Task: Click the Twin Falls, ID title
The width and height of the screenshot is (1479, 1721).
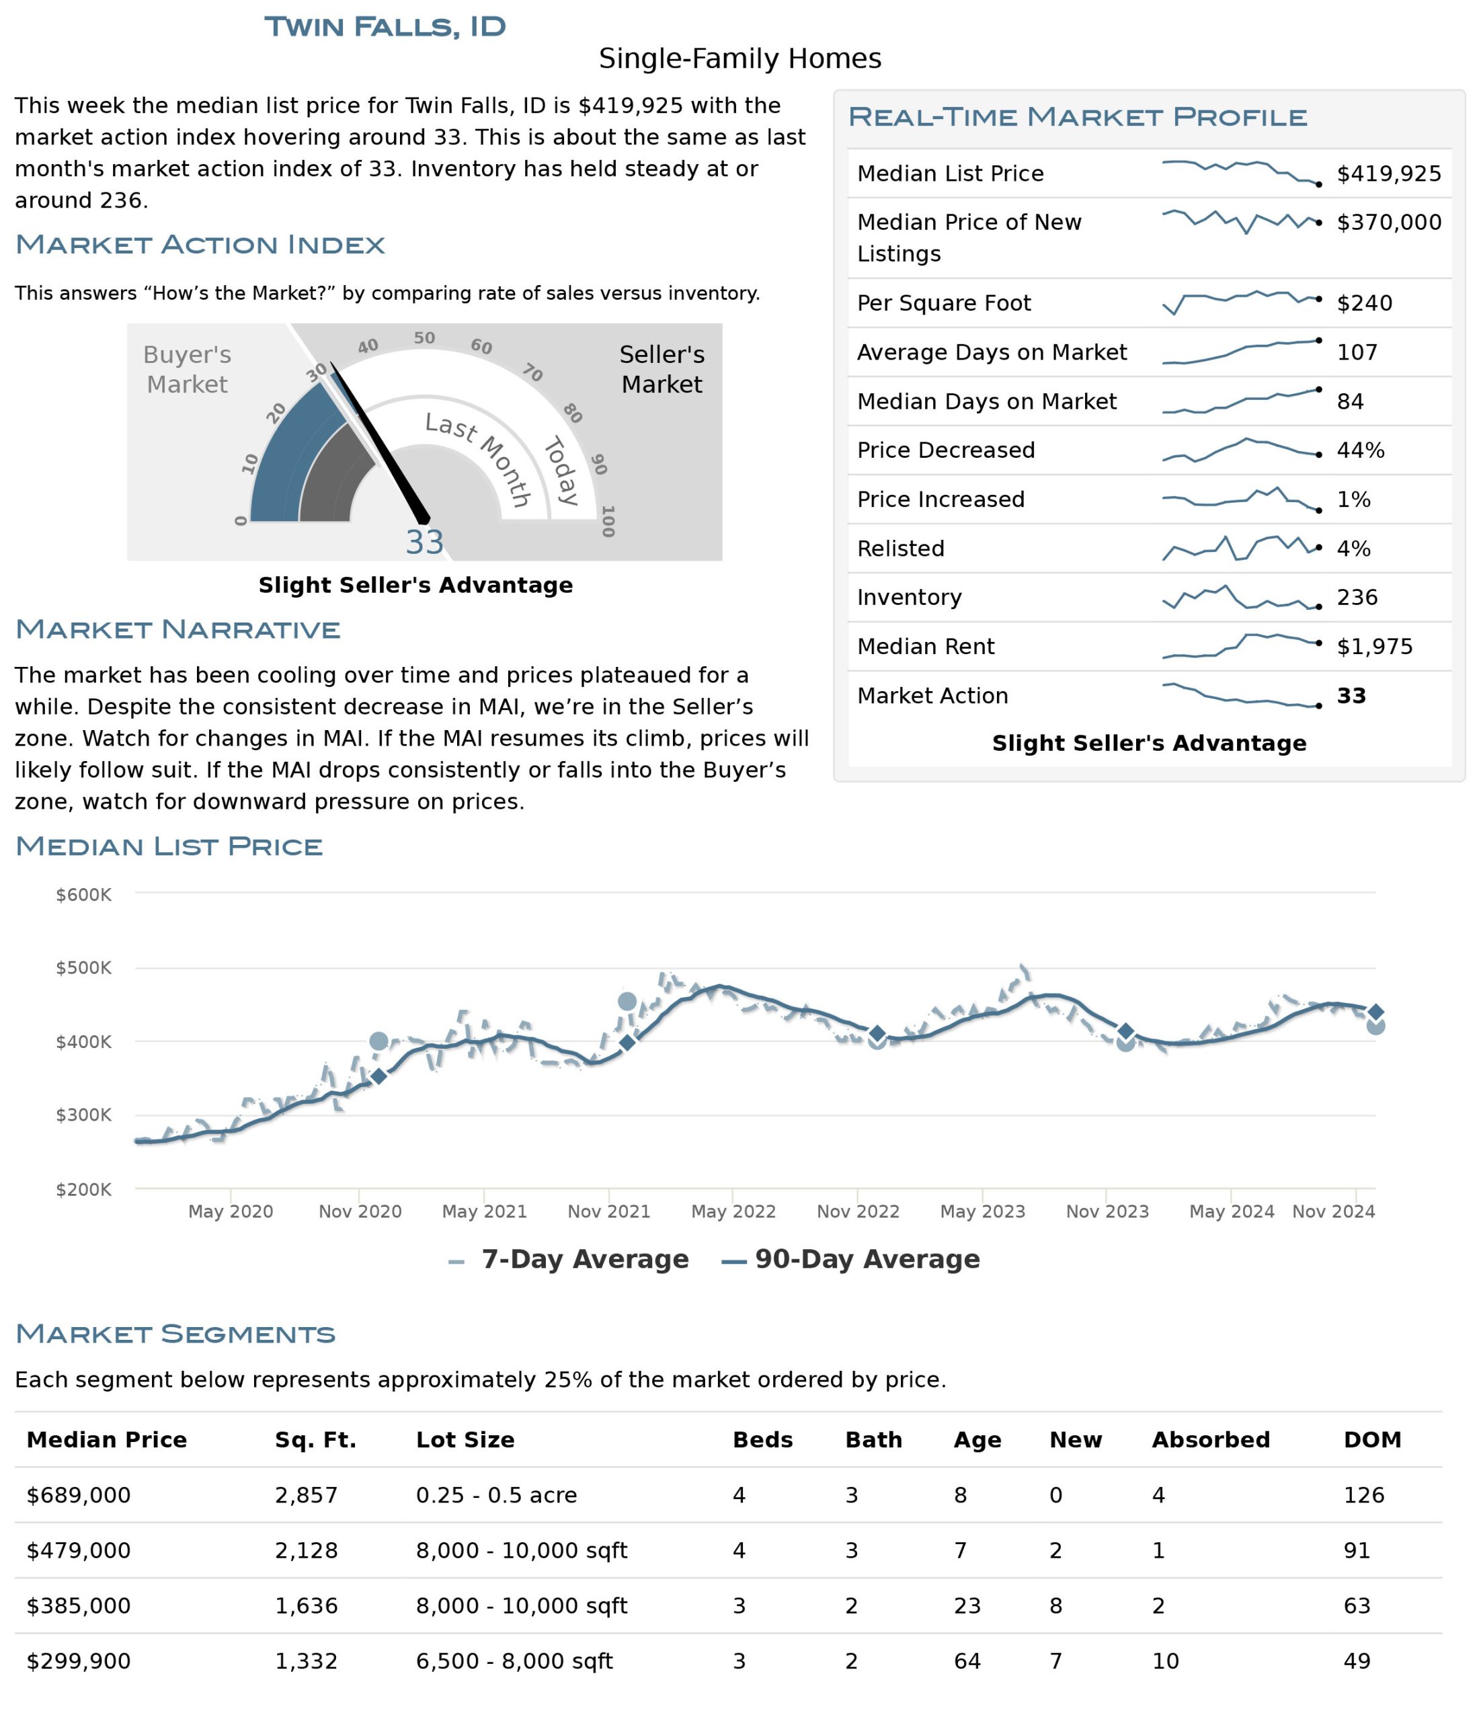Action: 385,27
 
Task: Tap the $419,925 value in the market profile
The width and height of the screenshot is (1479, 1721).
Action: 1388,173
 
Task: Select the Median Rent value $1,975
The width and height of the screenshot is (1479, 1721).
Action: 1374,646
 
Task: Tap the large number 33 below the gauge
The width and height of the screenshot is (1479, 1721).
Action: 424,543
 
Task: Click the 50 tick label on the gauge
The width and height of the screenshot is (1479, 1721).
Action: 424,338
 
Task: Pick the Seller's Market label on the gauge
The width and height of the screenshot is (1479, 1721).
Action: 662,370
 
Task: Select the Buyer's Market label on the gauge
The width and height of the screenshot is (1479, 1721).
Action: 187,370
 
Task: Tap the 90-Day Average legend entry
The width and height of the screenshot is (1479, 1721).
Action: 850,1259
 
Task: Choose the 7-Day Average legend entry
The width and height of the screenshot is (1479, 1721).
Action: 568,1259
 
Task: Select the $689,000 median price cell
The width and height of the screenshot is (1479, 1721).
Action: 79,1495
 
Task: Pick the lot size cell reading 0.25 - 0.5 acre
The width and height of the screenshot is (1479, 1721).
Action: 497,1495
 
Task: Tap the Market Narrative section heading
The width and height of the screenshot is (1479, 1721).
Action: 177,630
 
